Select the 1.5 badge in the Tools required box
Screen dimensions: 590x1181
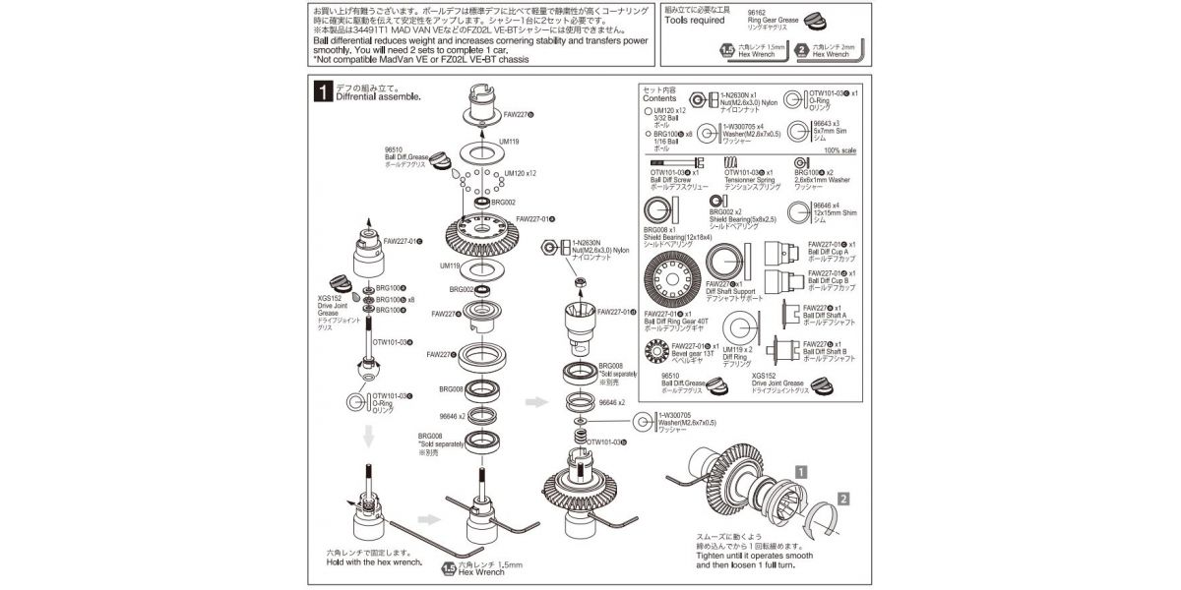pyautogui.click(x=727, y=50)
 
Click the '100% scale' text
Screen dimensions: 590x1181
pyautogui.click(x=843, y=150)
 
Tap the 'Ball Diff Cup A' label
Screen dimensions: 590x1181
pyautogui.click(x=832, y=251)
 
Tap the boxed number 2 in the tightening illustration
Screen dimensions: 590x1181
pyautogui.click(x=843, y=501)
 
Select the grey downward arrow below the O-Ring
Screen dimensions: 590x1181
pyautogui.click(x=366, y=436)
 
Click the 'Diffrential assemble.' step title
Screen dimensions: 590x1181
pyautogui.click(x=378, y=97)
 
